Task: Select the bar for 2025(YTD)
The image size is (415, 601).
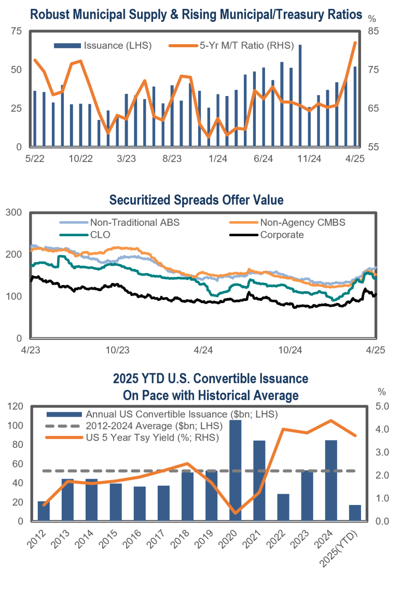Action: [x=355, y=512]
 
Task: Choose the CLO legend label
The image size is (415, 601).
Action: [x=101, y=234]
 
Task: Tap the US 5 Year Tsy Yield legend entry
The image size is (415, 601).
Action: [x=152, y=437]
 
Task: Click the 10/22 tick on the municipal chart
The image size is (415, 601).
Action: [x=80, y=159]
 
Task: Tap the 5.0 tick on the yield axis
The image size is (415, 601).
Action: [x=383, y=406]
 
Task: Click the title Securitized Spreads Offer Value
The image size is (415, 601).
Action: [x=196, y=200]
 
